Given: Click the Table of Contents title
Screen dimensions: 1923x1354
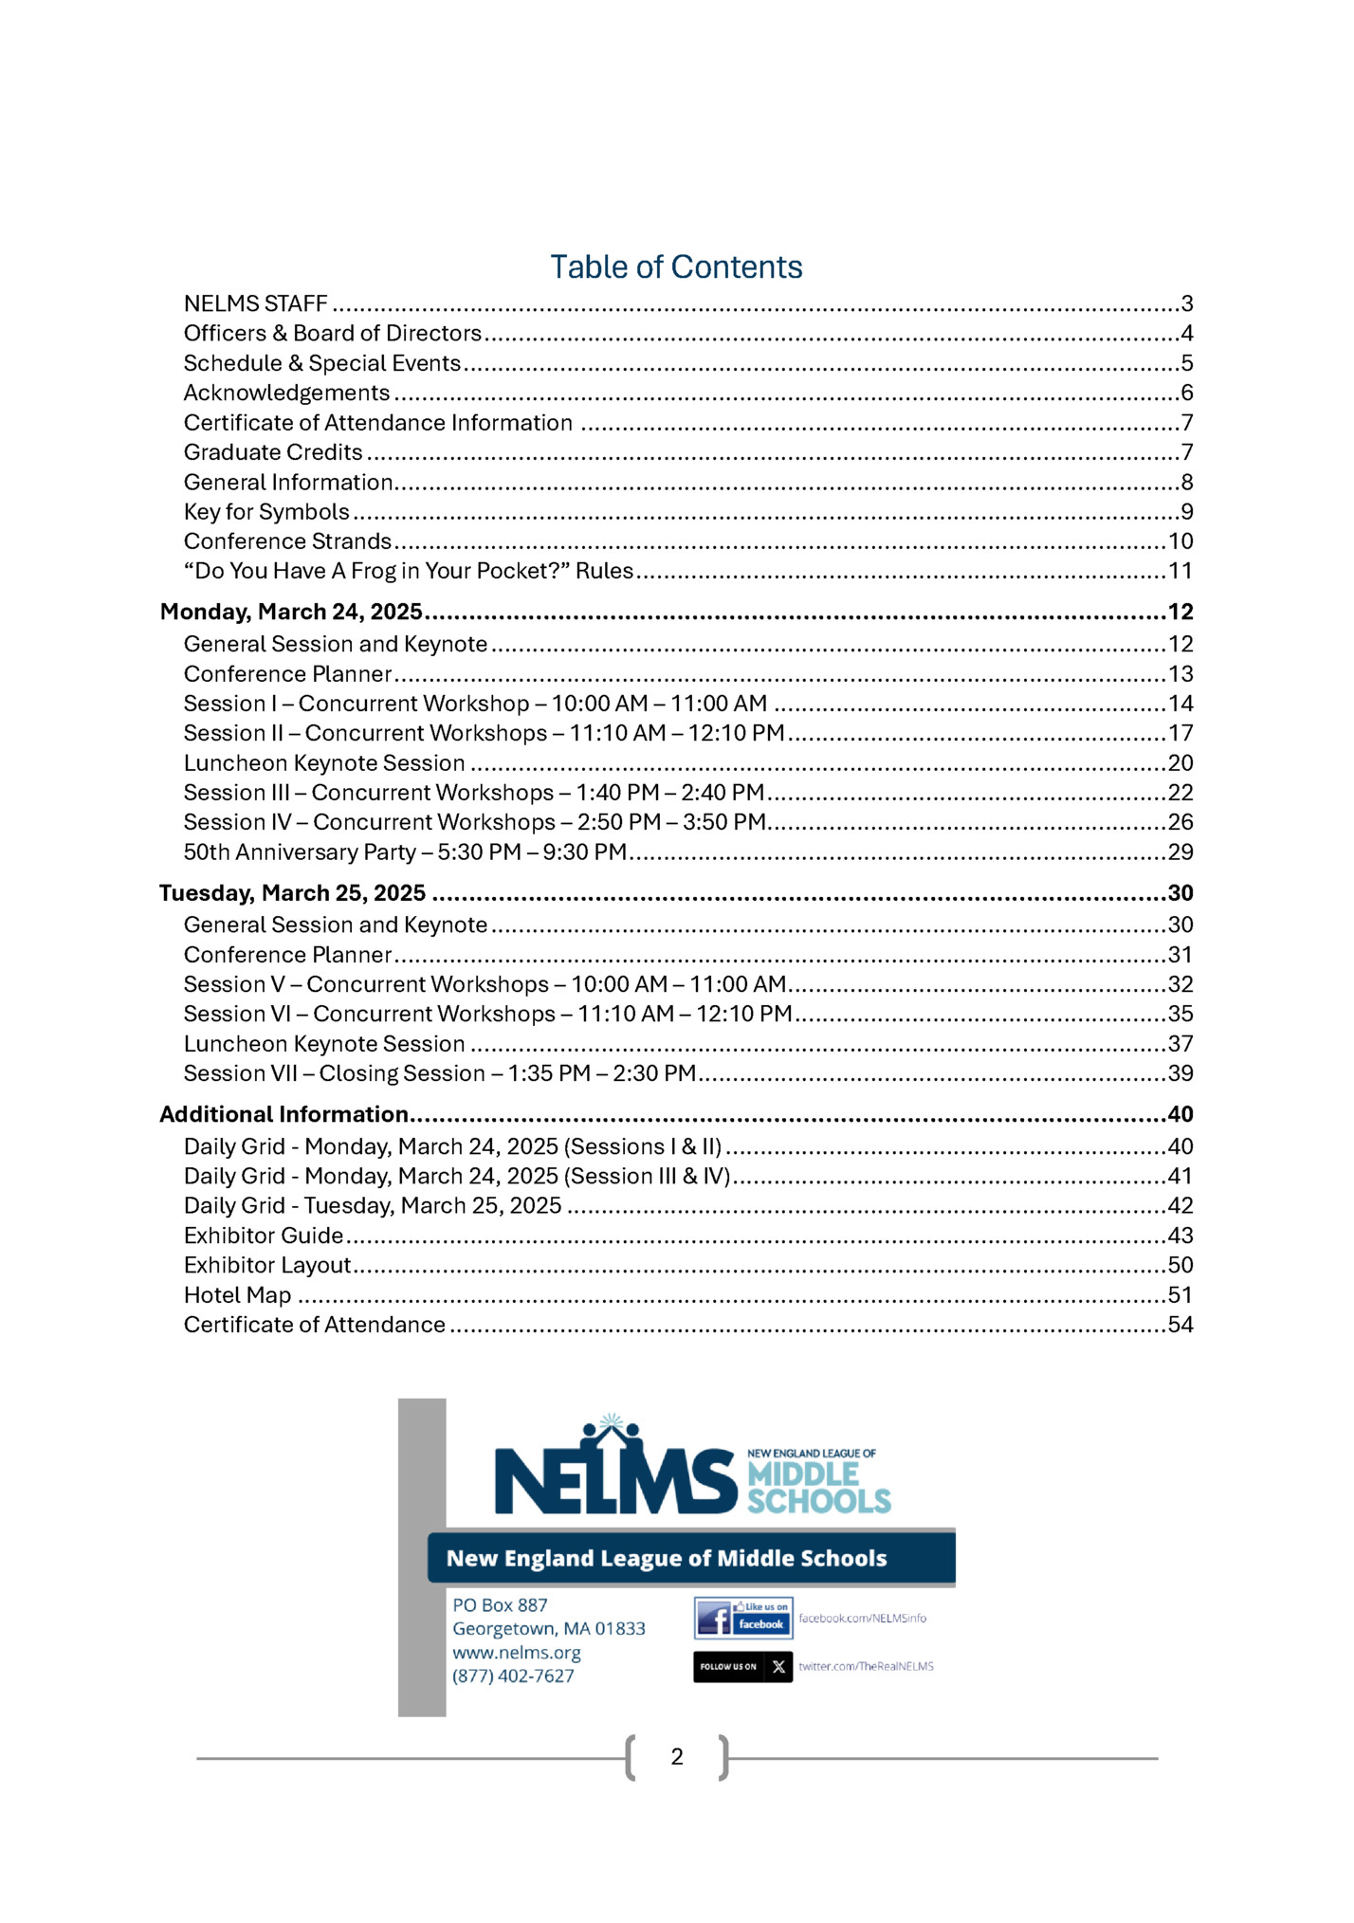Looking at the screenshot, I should (x=676, y=267).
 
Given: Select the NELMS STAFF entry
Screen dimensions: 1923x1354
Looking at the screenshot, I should (x=255, y=303).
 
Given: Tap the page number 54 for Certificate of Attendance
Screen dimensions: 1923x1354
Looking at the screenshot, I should (x=1180, y=1325).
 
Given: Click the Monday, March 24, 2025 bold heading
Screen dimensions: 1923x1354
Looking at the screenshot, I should (x=290, y=612).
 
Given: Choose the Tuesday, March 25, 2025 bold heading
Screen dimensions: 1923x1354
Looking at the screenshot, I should (x=292, y=893).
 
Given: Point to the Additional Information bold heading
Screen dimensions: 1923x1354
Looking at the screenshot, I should (x=284, y=1114).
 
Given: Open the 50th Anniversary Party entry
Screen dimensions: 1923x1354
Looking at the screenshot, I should (x=405, y=852).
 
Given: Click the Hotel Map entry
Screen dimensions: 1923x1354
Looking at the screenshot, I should (x=237, y=1295).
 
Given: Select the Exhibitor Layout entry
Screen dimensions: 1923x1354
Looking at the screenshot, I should (x=267, y=1265).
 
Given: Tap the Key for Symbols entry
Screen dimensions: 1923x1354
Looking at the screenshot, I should (x=266, y=512).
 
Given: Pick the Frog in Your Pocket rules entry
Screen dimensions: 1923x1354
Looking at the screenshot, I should (x=408, y=571).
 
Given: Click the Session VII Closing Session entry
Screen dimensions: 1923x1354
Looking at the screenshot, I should (x=439, y=1073).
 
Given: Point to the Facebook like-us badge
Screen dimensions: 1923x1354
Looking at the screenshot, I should (x=743, y=1618).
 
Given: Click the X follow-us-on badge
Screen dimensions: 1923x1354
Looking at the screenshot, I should (x=742, y=1666).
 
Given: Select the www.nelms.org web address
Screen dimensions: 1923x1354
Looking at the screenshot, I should (x=516, y=1652).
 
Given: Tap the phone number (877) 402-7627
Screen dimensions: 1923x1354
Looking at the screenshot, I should (x=513, y=1676).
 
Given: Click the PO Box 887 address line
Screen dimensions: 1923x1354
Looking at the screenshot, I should (x=500, y=1604).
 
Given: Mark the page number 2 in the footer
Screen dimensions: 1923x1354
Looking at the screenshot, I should (x=677, y=1757).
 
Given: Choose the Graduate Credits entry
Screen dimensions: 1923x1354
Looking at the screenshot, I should (x=273, y=452).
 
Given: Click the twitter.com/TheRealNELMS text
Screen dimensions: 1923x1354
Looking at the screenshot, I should (x=866, y=1666).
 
